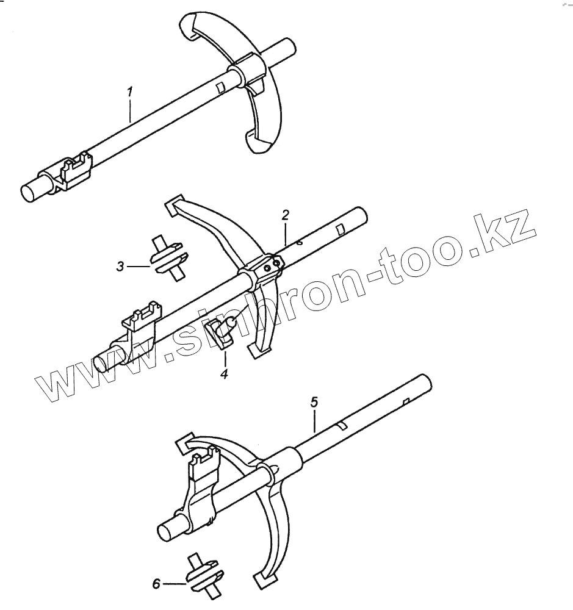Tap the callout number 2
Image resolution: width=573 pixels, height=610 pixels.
click(285, 215)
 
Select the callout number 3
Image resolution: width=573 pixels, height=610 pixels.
click(121, 266)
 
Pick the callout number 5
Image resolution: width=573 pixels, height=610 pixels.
click(314, 401)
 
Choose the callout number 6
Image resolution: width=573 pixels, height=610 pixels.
click(156, 584)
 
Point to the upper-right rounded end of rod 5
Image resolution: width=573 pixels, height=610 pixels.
click(425, 382)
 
